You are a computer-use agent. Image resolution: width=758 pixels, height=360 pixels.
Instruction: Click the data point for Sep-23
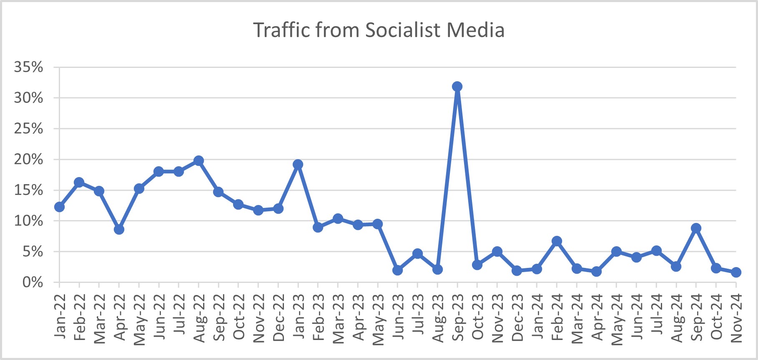tap(457, 87)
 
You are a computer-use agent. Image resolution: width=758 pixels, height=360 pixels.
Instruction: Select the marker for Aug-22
tap(198, 161)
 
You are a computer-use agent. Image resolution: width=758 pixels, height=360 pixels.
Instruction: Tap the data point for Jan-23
tap(298, 164)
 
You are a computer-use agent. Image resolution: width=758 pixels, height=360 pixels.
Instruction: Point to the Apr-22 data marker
tap(119, 229)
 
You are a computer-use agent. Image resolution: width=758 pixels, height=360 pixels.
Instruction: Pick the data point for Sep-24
tap(696, 228)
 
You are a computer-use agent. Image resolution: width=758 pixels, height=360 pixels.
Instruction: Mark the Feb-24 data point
tap(557, 241)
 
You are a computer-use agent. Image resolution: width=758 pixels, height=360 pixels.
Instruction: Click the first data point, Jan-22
tap(59, 207)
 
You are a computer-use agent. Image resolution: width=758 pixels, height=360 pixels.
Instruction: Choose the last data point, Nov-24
tap(736, 272)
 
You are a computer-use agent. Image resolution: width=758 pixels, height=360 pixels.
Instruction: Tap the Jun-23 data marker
tap(397, 270)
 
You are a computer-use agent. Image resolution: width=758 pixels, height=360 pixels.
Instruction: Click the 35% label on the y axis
tap(28, 67)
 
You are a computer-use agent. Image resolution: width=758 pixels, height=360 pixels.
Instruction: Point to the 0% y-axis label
tap(33, 282)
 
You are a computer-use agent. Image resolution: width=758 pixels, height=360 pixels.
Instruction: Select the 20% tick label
tap(28, 159)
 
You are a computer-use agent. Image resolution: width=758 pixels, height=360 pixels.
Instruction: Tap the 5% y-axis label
tap(33, 252)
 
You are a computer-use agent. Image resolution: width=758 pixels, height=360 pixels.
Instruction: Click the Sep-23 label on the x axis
tap(457, 317)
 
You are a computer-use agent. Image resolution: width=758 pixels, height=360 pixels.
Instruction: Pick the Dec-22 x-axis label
tap(278, 317)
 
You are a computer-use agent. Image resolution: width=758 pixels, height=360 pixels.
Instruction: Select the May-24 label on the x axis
tap(617, 319)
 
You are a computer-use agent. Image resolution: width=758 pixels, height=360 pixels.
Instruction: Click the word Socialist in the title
tap(403, 30)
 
